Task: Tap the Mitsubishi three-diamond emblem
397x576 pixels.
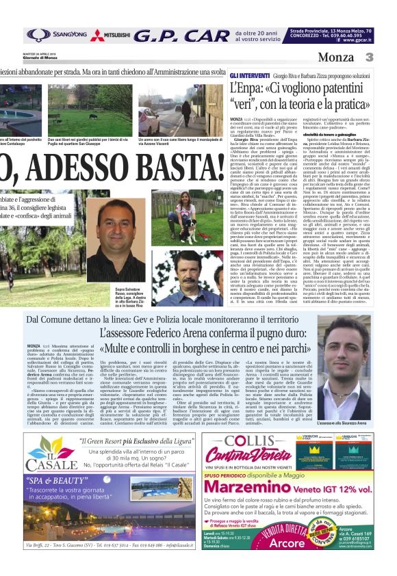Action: (98, 36)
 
